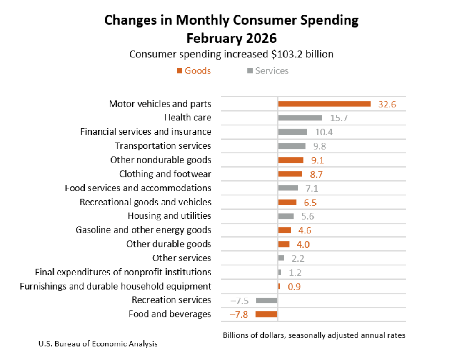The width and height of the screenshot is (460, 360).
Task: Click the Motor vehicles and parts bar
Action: point(324,104)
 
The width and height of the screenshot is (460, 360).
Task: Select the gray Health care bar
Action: point(300,118)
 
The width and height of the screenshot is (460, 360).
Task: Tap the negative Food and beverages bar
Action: point(266,314)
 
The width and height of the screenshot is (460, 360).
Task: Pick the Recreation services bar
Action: point(267,300)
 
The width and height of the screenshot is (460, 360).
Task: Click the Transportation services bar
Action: point(292,146)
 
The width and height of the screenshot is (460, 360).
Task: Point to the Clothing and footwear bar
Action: point(290,174)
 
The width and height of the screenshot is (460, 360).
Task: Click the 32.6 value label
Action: point(387,104)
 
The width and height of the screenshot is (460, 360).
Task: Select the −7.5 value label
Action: point(239,300)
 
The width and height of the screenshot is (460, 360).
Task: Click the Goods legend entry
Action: point(194,71)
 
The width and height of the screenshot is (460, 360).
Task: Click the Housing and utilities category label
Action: point(169,216)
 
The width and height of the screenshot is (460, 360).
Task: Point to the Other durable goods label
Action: point(169,244)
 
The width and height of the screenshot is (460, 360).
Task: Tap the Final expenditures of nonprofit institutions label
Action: point(123,272)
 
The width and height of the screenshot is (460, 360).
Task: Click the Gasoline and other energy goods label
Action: point(143,230)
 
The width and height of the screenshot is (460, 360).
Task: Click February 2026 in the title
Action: point(231,38)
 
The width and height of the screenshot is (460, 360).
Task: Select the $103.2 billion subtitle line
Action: point(231,54)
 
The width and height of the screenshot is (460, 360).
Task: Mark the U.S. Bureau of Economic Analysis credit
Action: point(98,344)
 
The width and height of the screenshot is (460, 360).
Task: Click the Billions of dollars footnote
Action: point(314,335)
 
